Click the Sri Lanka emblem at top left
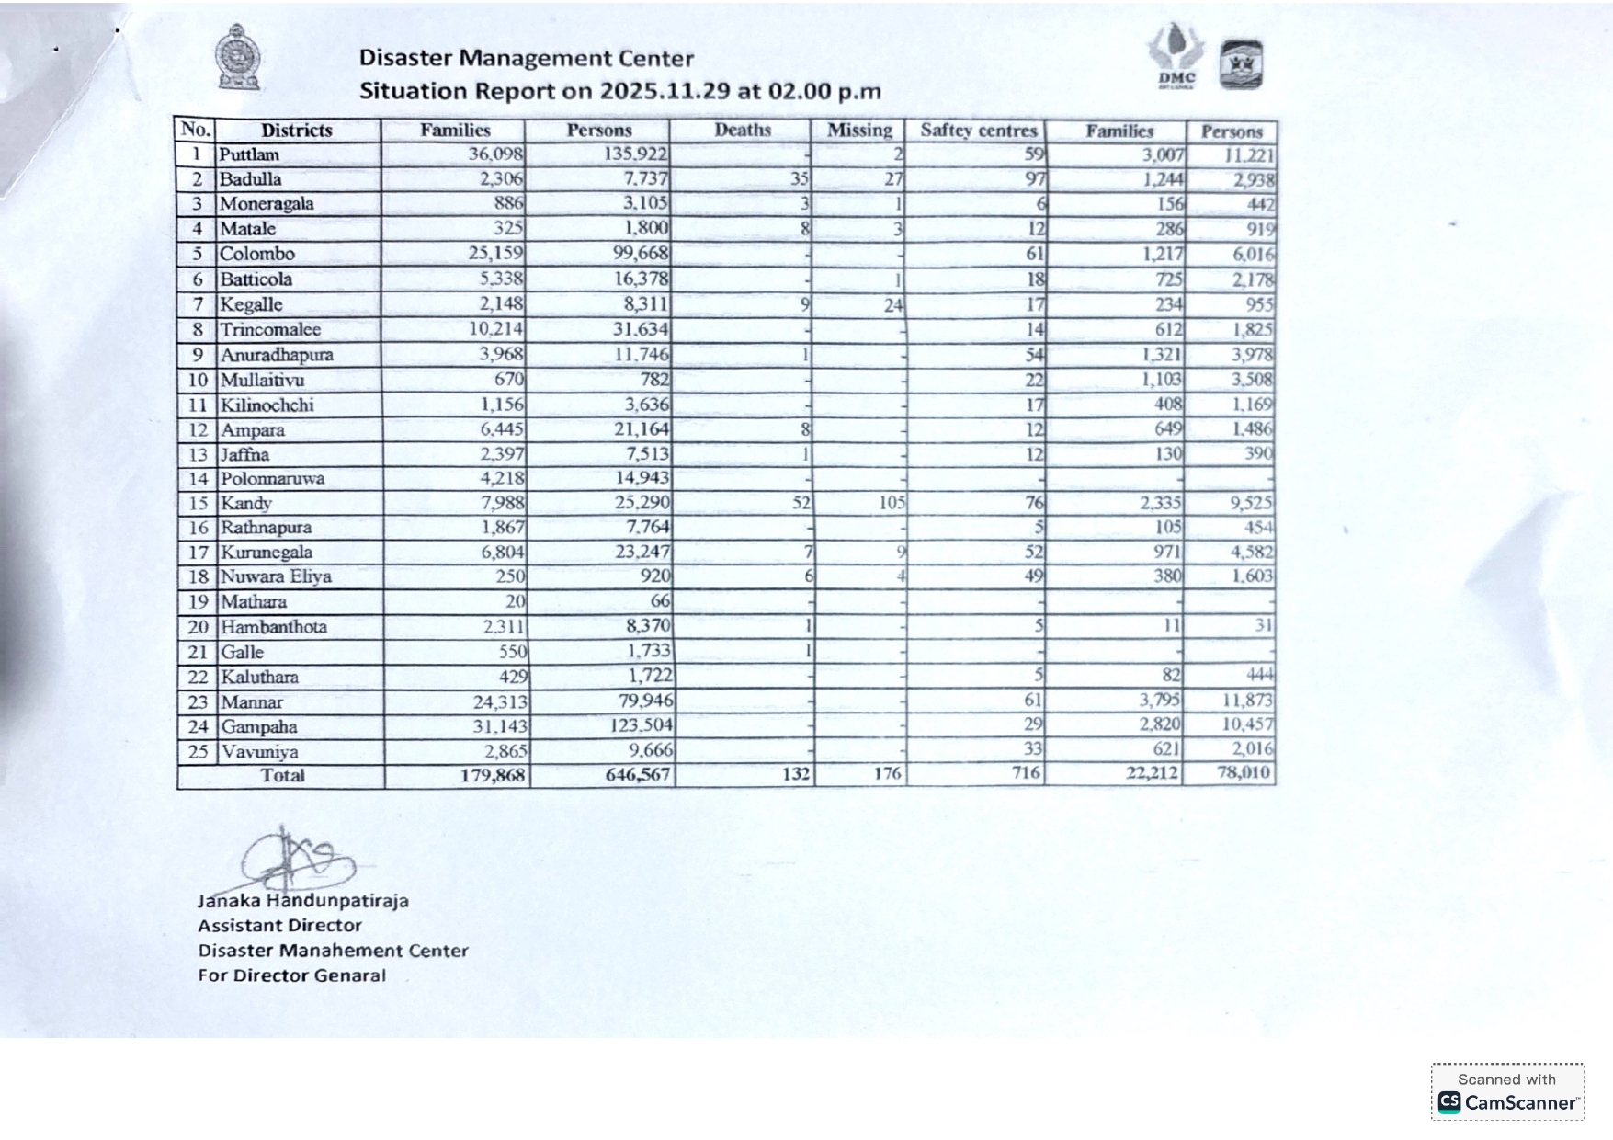(x=237, y=57)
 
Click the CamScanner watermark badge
(x=1506, y=1092)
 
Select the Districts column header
(x=296, y=131)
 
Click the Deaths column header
(x=743, y=131)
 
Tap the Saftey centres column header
(x=978, y=131)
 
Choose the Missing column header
(x=859, y=131)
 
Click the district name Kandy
(x=245, y=504)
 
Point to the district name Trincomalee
(x=270, y=330)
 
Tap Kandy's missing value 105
(x=892, y=503)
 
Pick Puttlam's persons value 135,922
(x=635, y=154)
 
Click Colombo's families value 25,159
(x=495, y=254)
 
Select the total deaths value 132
(x=796, y=774)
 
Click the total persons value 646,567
(x=638, y=775)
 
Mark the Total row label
(x=282, y=775)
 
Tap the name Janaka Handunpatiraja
(x=302, y=901)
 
